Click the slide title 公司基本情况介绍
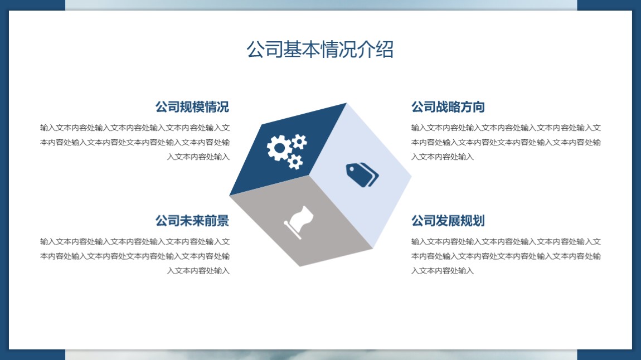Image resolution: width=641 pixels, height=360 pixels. coord(320,50)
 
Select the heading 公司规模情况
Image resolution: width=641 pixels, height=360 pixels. coord(192,107)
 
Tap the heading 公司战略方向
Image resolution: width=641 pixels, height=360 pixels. coord(448,107)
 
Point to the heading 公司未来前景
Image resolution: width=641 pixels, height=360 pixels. coord(192,221)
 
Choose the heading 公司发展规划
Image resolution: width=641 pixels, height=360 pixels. coord(448,221)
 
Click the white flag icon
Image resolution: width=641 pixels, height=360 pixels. coord(299,222)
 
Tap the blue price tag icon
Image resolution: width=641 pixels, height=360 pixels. coord(362,175)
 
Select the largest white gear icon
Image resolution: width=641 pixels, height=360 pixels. coord(279,148)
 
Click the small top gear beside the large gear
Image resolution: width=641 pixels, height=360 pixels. coord(299,142)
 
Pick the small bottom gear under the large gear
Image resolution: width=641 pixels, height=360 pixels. coord(295,162)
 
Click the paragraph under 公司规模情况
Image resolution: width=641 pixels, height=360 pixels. coord(135,142)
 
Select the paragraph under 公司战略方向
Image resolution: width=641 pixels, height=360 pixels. coord(506,142)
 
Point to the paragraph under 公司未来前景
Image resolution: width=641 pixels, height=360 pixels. coord(135,256)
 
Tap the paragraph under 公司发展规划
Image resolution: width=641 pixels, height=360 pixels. coord(506,256)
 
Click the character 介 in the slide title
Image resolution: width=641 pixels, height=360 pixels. coord(366,50)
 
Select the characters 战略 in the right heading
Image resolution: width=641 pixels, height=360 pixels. coord(448,107)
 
